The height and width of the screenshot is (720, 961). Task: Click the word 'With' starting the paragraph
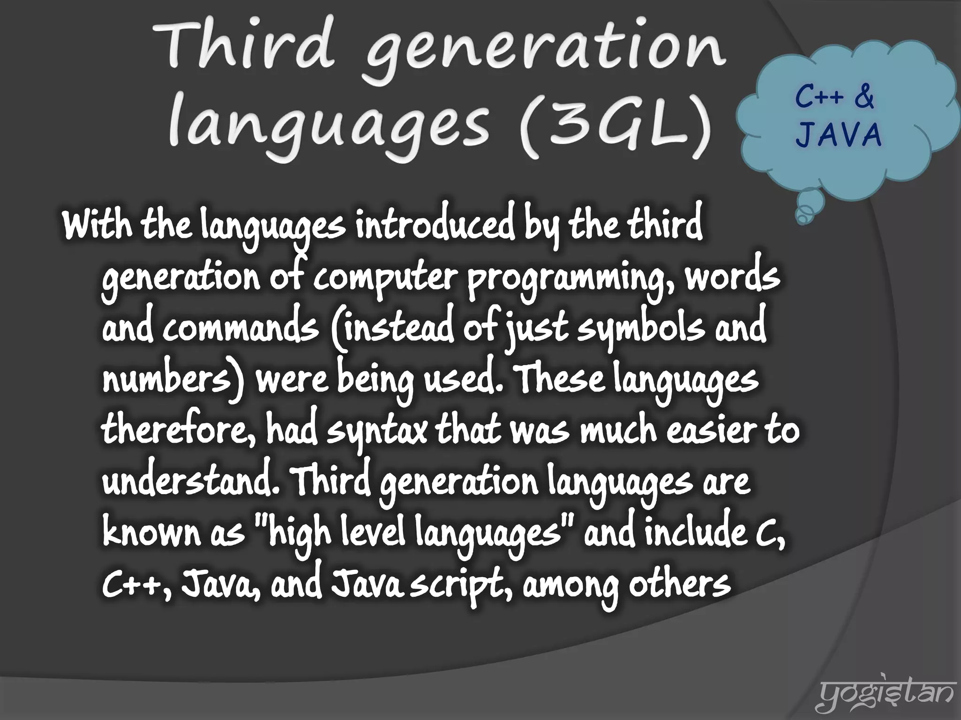98,226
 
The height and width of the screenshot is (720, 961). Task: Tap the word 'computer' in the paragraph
385,277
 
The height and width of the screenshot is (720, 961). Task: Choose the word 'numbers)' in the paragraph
174,380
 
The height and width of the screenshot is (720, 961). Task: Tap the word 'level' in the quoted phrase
374,533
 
